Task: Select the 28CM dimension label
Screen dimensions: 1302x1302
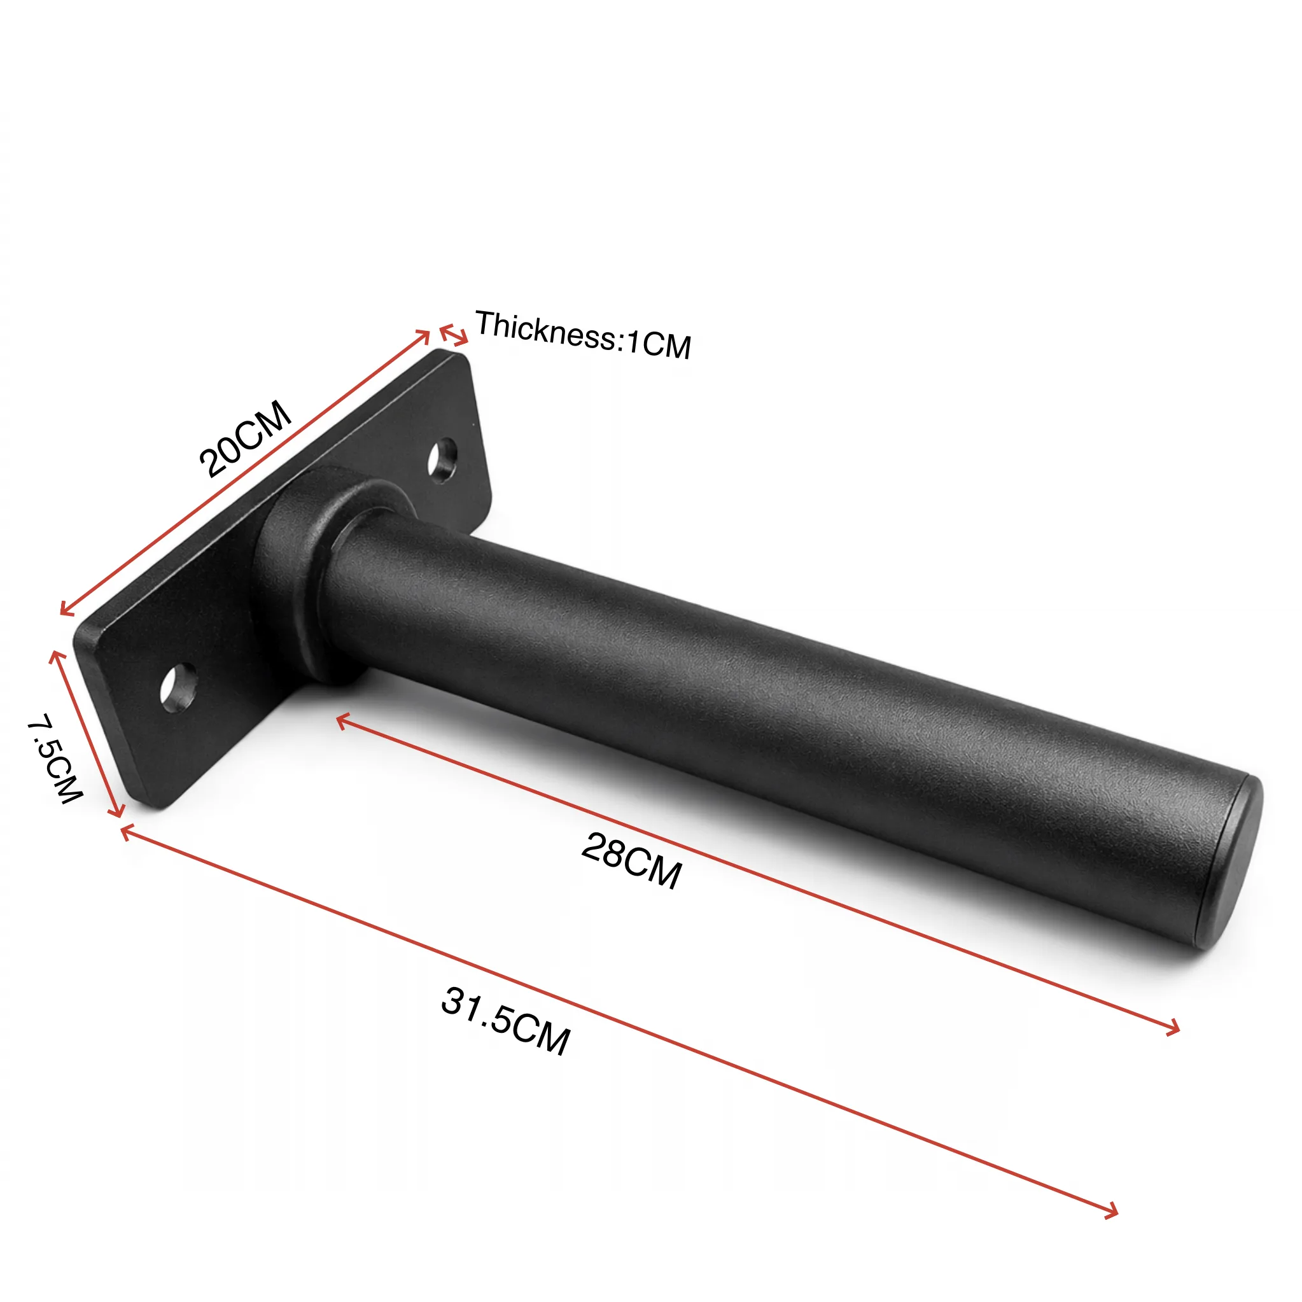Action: pos(631,860)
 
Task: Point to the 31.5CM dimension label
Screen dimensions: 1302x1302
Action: pos(505,1020)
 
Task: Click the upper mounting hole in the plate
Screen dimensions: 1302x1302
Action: pos(442,460)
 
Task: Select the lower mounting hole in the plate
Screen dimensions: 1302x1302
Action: pos(179,687)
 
